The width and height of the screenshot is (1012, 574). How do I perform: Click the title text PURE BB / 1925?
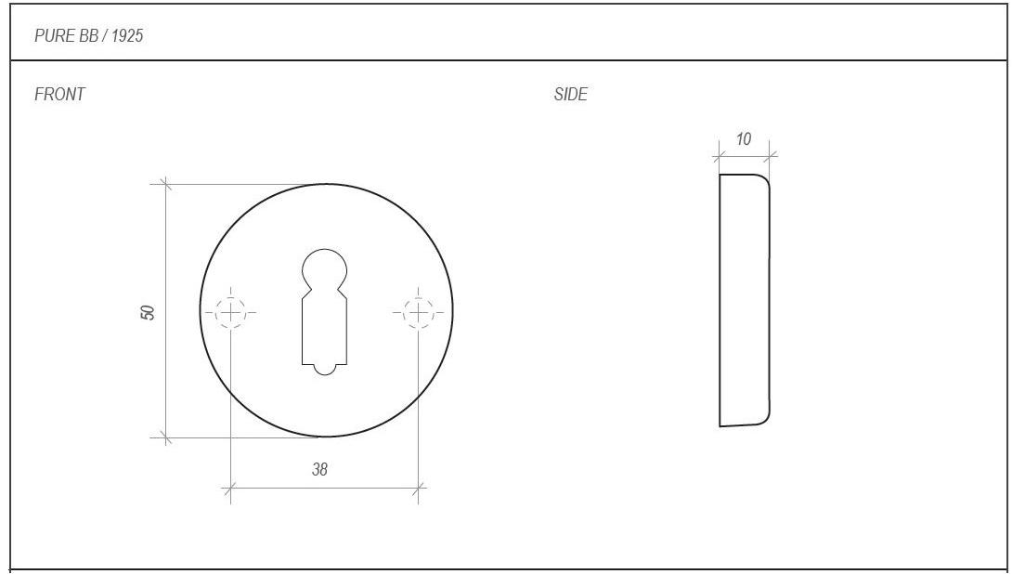(x=88, y=35)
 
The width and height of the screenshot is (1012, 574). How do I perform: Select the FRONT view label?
(x=59, y=94)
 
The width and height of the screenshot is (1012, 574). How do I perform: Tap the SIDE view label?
(x=571, y=94)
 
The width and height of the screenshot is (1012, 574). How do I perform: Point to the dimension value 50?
(x=149, y=312)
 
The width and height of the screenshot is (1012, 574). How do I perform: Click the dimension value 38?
(x=320, y=469)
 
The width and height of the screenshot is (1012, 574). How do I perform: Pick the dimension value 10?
(x=744, y=138)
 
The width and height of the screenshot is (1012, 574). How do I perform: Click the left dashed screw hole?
(x=230, y=312)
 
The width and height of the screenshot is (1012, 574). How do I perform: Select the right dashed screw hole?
(x=418, y=312)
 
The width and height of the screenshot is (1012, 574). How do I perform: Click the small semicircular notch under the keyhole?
(x=325, y=370)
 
